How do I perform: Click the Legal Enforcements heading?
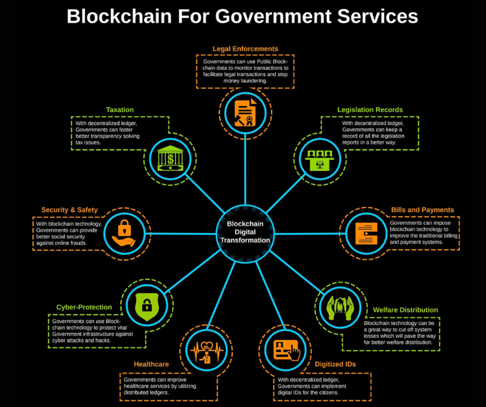click(x=245, y=49)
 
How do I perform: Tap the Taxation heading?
click(x=120, y=110)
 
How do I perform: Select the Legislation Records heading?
click(x=370, y=110)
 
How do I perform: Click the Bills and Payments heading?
click(x=422, y=210)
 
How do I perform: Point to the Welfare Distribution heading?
click(x=405, y=310)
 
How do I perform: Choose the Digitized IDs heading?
click(x=335, y=364)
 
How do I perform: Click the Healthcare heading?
click(x=151, y=364)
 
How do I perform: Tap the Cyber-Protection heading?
click(x=84, y=307)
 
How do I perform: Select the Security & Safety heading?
click(x=69, y=210)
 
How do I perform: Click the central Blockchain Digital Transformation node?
click(x=245, y=232)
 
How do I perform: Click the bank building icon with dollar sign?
click(x=170, y=158)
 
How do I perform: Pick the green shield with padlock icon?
click(x=146, y=305)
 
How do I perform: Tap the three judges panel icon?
click(x=320, y=158)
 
